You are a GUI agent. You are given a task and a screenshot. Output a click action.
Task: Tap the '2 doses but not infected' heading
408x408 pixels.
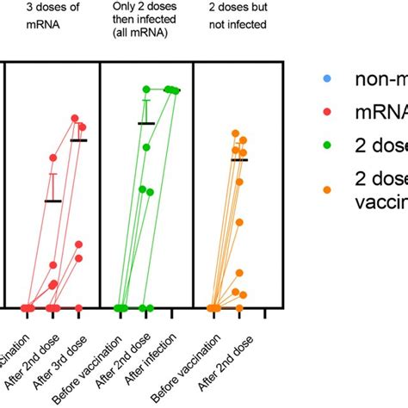point(238,18)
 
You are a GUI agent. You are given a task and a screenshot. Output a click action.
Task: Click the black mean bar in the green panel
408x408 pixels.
point(146,124)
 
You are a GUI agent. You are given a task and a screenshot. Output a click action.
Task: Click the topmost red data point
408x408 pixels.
point(75,118)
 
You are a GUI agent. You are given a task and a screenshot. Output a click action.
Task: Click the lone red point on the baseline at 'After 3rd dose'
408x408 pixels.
point(79,307)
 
